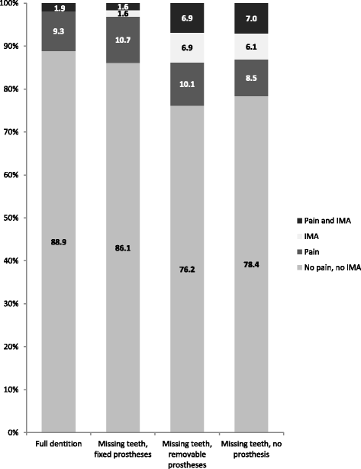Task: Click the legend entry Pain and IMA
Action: pos(326,222)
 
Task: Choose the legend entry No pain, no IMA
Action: pos(329,263)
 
